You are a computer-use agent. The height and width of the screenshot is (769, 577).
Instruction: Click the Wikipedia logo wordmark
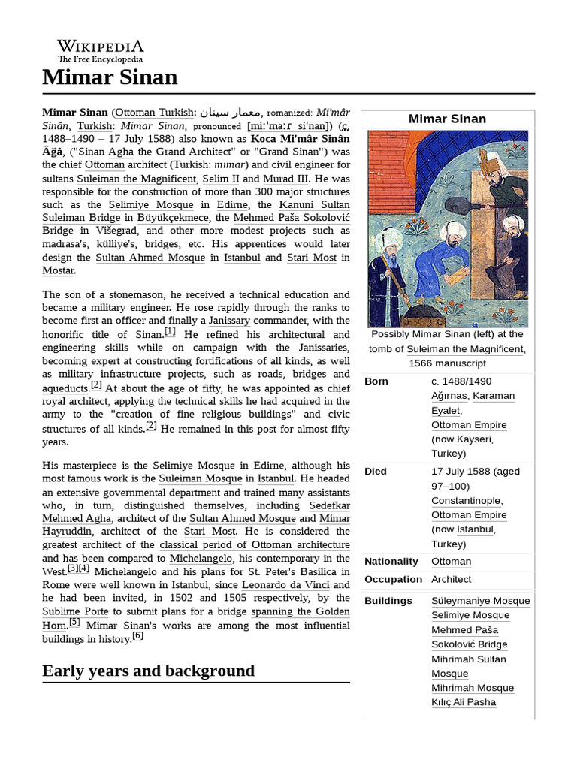(101, 47)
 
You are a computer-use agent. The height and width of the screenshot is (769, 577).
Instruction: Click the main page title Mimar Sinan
(110, 77)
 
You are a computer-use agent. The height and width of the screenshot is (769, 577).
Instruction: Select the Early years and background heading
(148, 671)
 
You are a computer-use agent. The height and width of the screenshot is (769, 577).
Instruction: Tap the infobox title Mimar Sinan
(447, 119)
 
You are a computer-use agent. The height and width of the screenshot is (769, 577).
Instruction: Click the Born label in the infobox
(376, 381)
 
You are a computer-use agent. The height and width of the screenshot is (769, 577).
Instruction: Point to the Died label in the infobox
(376, 472)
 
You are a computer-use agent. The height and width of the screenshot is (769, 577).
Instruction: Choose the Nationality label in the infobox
(391, 562)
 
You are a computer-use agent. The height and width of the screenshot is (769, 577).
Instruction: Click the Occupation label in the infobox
(393, 580)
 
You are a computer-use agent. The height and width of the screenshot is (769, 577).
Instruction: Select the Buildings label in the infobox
(388, 601)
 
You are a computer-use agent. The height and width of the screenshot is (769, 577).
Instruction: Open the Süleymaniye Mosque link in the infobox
(480, 601)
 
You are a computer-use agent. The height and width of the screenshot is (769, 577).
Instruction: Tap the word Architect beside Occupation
(451, 580)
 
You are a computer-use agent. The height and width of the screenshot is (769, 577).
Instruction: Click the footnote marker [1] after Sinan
(170, 331)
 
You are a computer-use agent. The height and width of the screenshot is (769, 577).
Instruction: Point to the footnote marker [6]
(137, 636)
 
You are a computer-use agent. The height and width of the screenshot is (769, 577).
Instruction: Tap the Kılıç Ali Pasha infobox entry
(464, 703)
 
